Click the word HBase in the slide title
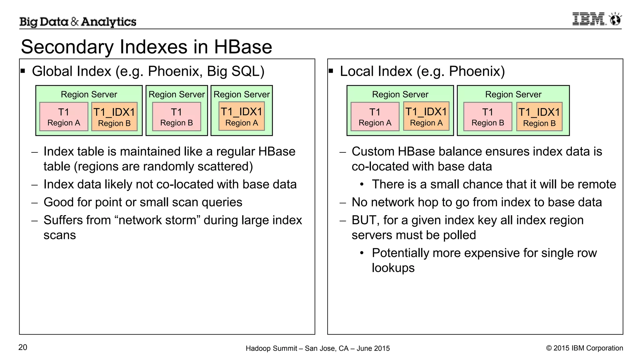click(243, 47)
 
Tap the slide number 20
click(23, 347)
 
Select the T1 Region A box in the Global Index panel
click(64, 117)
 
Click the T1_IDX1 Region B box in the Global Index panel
click(114, 117)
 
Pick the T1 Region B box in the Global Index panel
click(176, 117)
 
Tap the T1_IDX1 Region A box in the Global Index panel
click(241, 116)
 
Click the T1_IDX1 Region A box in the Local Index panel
click(426, 116)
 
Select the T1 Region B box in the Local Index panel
click(488, 117)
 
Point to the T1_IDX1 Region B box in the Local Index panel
click(539, 117)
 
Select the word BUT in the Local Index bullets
click(364, 220)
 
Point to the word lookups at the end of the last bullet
click(393, 268)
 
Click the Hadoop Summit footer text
click(317, 348)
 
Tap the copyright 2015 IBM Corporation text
click(584, 348)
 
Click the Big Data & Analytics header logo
click(78, 22)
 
